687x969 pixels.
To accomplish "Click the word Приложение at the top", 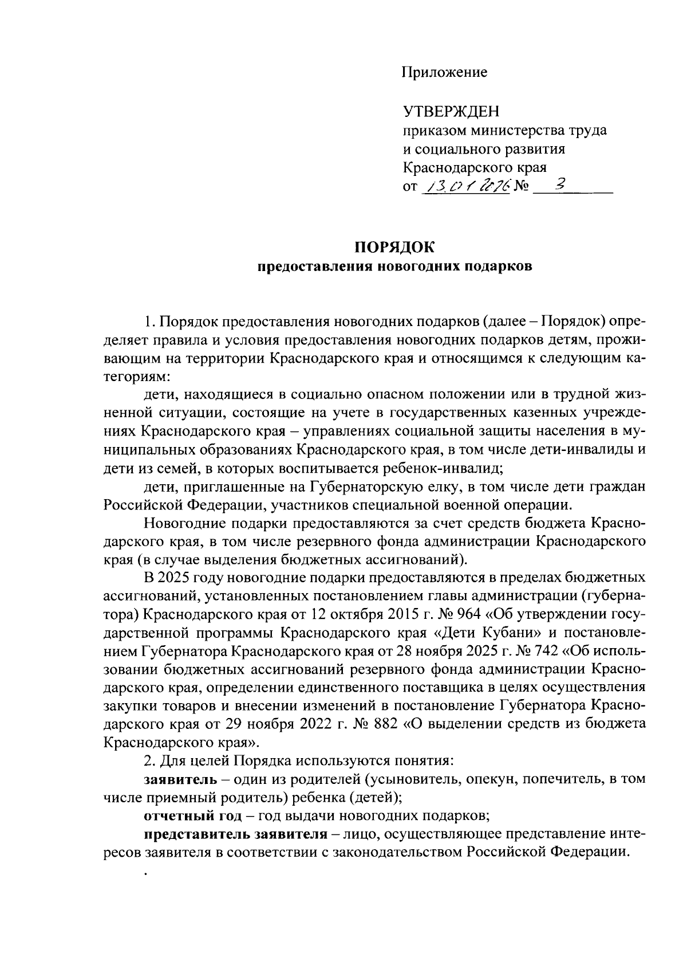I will tap(444, 72).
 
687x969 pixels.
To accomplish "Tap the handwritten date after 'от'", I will tap(465, 187).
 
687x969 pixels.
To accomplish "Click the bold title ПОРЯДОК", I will tap(394, 248).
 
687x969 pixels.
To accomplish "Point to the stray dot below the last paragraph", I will tap(147, 874).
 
